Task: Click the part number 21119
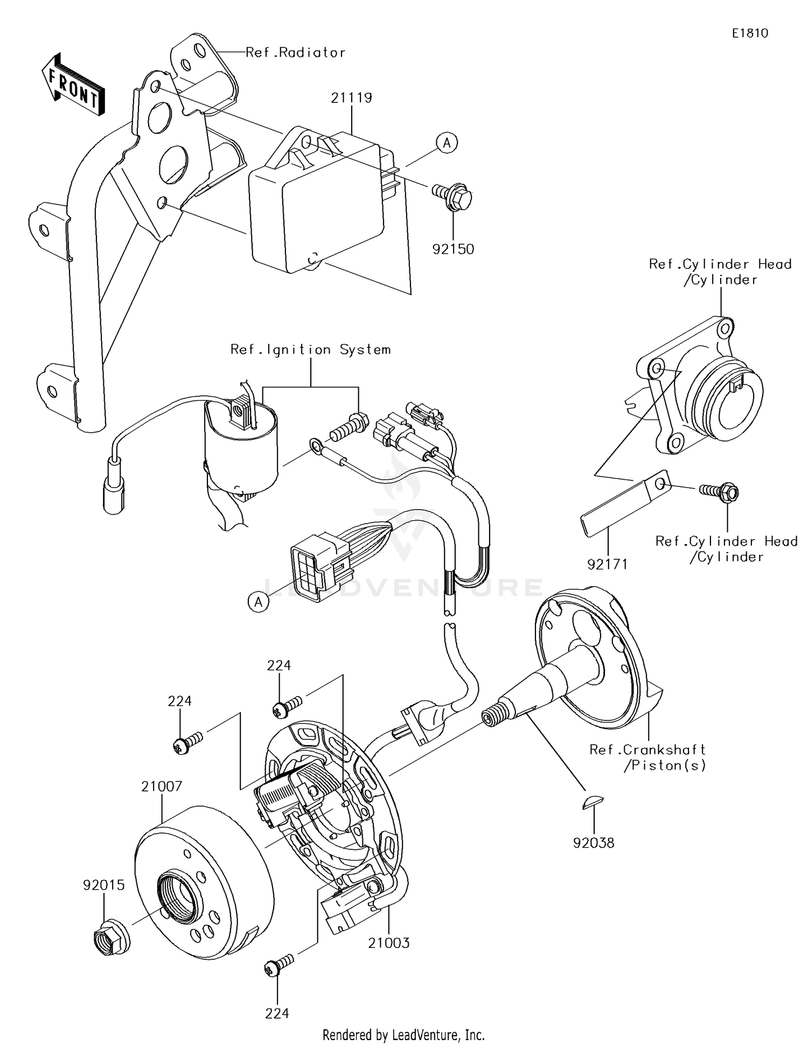tap(351, 98)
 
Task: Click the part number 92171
tap(607, 564)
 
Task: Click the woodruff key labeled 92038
tap(593, 803)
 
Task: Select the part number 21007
tap(162, 787)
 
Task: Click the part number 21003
tap(389, 943)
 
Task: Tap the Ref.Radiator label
tap(295, 53)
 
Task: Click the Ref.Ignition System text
tap(310, 350)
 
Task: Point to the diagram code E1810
tap(750, 33)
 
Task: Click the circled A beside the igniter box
tap(447, 143)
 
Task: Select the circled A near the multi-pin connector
tap(259, 601)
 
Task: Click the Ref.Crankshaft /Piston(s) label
tap(647, 757)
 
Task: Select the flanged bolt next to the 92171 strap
tap(720, 491)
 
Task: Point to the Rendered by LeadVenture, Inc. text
tap(403, 1035)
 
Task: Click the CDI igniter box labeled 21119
tap(318, 205)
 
